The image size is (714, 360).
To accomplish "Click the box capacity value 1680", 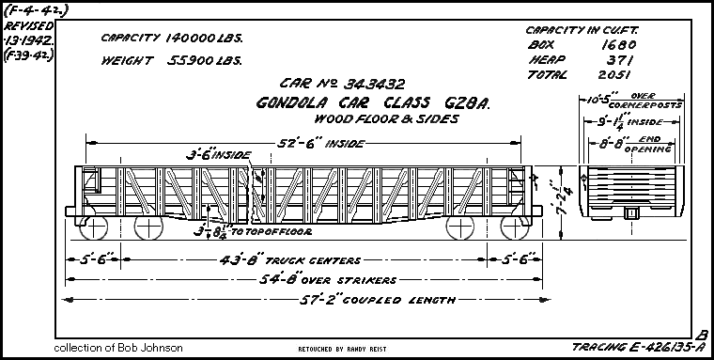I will click(621, 44).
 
